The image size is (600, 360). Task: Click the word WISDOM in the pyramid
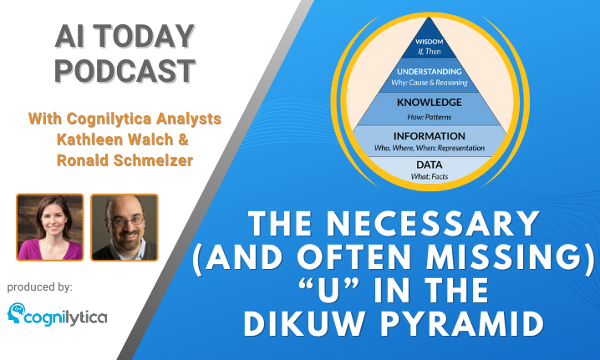pos(429,41)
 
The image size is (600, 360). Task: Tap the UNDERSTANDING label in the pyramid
pos(429,72)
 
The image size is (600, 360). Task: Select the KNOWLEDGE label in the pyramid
pos(429,102)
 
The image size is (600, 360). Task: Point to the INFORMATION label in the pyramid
pos(429,136)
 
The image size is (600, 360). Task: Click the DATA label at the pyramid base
pos(429,165)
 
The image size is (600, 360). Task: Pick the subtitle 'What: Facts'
pos(429,176)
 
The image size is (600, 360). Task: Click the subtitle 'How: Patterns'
pos(429,117)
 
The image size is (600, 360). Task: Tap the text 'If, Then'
pos(429,51)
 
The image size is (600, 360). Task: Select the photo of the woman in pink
pos(50,227)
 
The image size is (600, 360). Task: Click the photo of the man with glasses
pos(125,227)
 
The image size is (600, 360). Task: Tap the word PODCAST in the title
pos(125,71)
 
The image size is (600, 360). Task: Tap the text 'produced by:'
pos(40,287)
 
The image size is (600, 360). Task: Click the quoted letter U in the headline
pos(329,290)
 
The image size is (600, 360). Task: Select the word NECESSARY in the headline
pos(433,224)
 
